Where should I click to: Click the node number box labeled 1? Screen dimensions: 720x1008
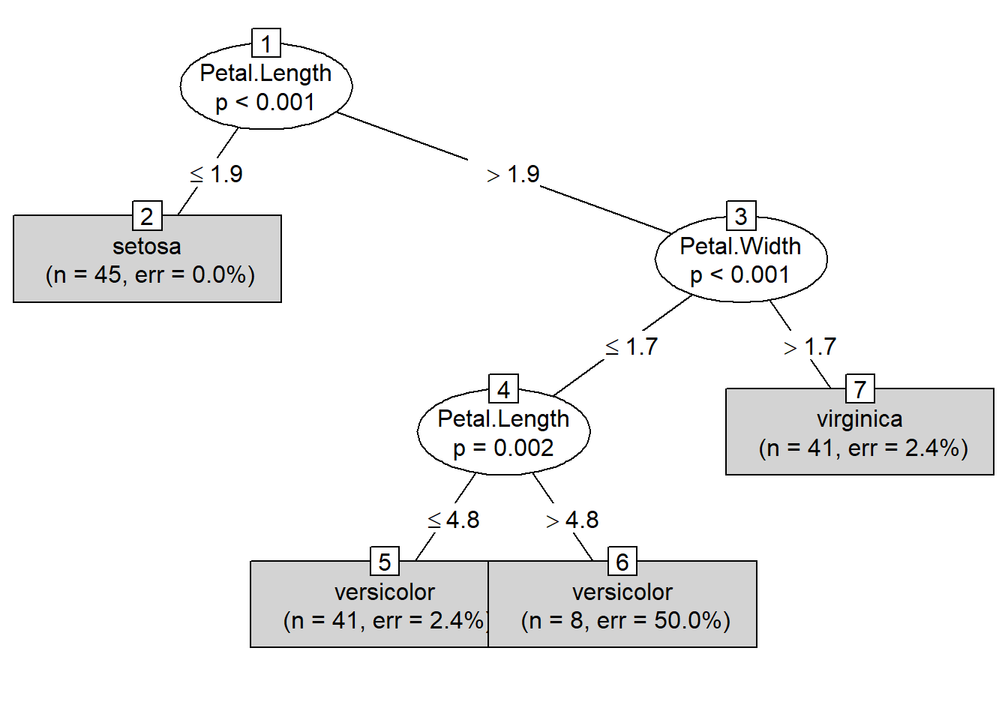pyautogui.click(x=266, y=43)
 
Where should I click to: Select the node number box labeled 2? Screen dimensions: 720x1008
pyautogui.click(x=147, y=216)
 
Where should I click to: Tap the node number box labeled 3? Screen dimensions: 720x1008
pyautogui.click(x=741, y=216)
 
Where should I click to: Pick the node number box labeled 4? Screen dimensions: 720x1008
pyautogui.click(x=503, y=389)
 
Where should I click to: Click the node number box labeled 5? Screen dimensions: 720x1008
pyautogui.click(x=385, y=562)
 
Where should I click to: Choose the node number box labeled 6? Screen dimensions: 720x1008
pyautogui.click(x=622, y=562)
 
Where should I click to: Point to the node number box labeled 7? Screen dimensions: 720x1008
pyautogui.click(x=860, y=389)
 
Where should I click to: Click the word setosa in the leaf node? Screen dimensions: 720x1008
pyautogui.click(x=147, y=246)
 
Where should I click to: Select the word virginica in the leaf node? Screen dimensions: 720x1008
pyautogui.click(x=859, y=418)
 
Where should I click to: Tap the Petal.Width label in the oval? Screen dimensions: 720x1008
pyautogui.click(x=740, y=246)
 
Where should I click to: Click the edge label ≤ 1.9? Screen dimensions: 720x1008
pyautogui.click(x=216, y=174)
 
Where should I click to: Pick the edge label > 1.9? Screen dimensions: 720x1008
pyautogui.click(x=513, y=175)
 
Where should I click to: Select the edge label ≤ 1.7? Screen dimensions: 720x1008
pyautogui.click(x=631, y=346)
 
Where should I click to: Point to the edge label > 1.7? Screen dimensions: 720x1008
pyautogui.click(x=810, y=346)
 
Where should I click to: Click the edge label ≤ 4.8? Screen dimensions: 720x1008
pyautogui.click(x=454, y=520)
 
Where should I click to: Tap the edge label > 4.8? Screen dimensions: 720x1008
pyautogui.click(x=572, y=520)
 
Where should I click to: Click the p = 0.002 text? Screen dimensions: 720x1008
pyautogui.click(x=503, y=448)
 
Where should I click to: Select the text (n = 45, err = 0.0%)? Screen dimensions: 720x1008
pyautogui.click(x=150, y=274)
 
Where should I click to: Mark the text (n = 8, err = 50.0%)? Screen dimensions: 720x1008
pyautogui.click(x=625, y=620)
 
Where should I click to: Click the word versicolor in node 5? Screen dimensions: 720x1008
pyautogui.click(x=385, y=592)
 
